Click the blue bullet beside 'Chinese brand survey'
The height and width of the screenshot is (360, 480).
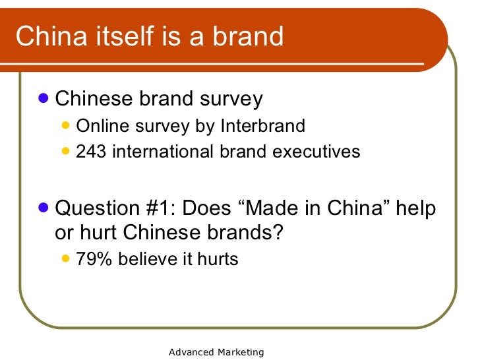point(44,98)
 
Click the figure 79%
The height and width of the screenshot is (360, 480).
point(94,259)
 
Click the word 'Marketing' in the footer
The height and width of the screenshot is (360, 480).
point(241,352)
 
